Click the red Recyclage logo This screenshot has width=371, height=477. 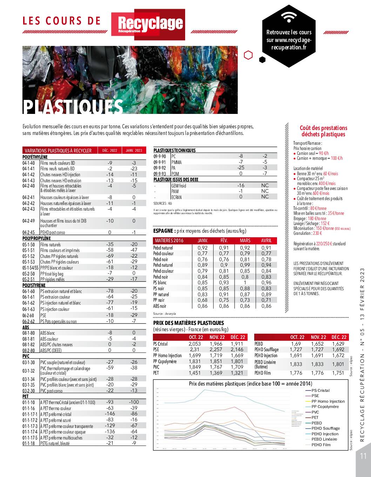pos(148,24)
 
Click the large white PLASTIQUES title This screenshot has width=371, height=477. pos(73,107)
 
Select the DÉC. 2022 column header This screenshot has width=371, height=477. pos(110,150)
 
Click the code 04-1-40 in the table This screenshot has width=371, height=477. pos(29,163)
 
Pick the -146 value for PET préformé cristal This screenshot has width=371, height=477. pos(110,414)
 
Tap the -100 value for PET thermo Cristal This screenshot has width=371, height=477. pos(134,402)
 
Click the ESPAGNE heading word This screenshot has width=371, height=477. pos(164,231)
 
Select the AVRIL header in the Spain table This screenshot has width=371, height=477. pos(266,240)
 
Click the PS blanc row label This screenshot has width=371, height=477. pos(160,282)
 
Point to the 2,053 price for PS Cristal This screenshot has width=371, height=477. pos(195,344)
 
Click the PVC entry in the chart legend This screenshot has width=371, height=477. pos(315,412)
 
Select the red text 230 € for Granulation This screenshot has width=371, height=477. pos(317,233)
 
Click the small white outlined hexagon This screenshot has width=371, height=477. pos(248,55)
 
